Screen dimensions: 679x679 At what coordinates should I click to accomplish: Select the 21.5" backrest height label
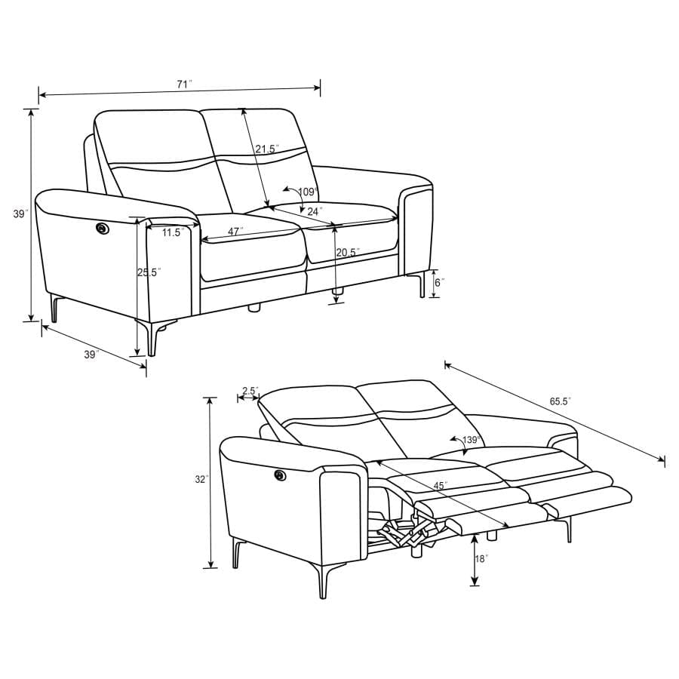(x=266, y=149)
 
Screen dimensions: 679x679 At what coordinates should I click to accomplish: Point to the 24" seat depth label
(x=315, y=211)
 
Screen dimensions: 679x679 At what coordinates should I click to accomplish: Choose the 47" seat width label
(x=235, y=232)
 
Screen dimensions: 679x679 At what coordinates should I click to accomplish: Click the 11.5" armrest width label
(x=173, y=233)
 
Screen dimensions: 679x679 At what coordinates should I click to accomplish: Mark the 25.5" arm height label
(x=149, y=272)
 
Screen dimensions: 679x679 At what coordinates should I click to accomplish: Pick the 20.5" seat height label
(x=348, y=252)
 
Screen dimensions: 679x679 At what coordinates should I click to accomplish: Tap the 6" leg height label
(x=440, y=282)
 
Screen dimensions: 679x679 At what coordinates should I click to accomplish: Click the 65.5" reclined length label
(x=559, y=402)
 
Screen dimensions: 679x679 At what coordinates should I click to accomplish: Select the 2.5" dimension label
(x=250, y=391)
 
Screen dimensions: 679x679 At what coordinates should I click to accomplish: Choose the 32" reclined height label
(x=199, y=479)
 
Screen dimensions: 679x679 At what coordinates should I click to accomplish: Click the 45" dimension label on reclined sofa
(x=440, y=485)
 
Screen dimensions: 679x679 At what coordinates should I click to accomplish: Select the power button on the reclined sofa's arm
(x=281, y=475)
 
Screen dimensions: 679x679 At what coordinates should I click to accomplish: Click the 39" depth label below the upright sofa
(x=91, y=355)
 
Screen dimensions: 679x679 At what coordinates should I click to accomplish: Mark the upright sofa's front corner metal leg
(x=155, y=337)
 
